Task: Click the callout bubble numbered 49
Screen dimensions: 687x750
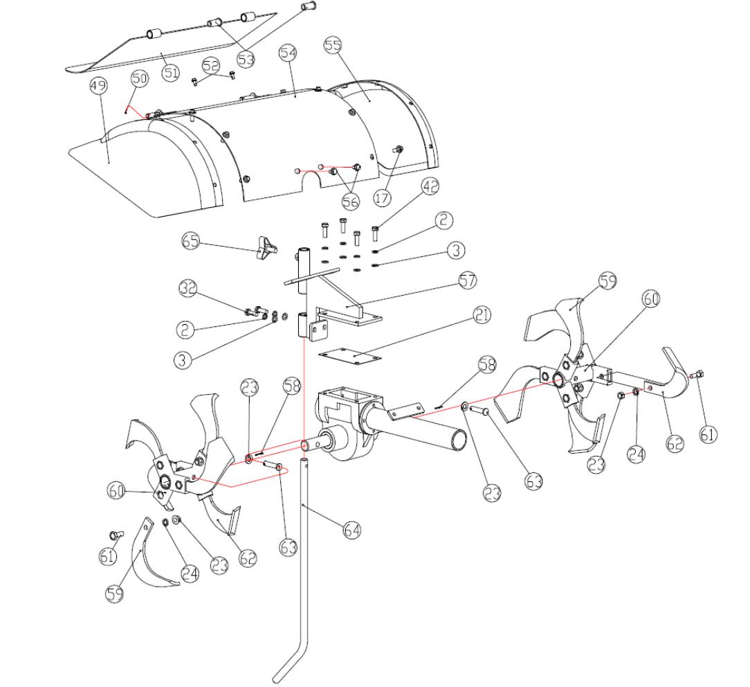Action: [x=99, y=87]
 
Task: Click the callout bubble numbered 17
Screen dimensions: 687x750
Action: [x=382, y=197]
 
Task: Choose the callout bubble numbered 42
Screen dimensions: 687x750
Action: [x=430, y=186]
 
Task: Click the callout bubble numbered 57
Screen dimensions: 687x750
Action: [x=468, y=281]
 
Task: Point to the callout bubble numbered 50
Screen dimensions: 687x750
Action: [x=139, y=79]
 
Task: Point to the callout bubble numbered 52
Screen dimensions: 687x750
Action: [x=210, y=65]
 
